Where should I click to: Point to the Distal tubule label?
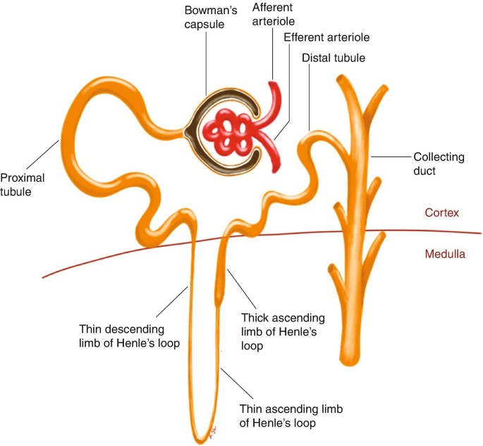(334, 58)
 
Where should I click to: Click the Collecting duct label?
(438, 163)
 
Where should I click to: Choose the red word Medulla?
(444, 254)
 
